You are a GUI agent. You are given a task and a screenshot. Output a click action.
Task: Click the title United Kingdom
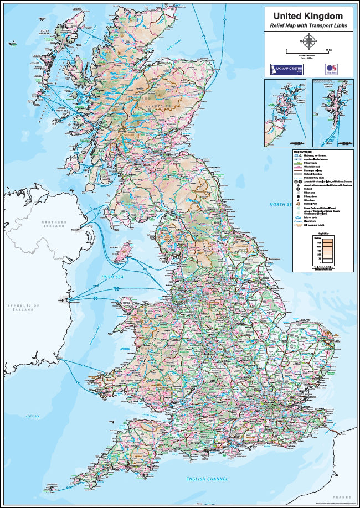pyautogui.click(x=308, y=17)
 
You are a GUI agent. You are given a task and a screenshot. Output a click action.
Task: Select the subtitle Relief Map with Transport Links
pyautogui.click(x=308, y=26)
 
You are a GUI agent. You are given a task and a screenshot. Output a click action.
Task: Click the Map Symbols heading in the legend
pyautogui.click(x=303, y=151)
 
